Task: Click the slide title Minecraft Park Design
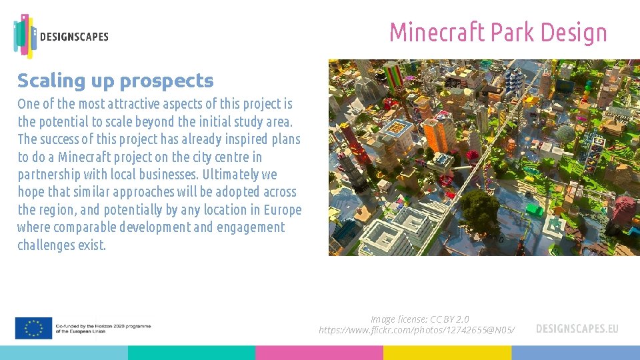click(x=498, y=32)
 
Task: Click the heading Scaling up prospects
click(x=115, y=81)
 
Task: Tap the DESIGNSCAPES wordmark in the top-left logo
click(x=74, y=37)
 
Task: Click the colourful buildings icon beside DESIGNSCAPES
click(x=25, y=35)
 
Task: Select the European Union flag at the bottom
click(x=33, y=327)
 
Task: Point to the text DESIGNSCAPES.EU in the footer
click(x=577, y=329)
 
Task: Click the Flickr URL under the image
click(x=417, y=330)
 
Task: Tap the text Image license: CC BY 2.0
click(x=419, y=319)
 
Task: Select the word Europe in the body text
click(x=283, y=210)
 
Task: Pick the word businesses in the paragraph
click(x=169, y=175)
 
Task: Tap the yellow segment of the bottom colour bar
click(x=447, y=353)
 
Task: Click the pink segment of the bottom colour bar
click(x=319, y=353)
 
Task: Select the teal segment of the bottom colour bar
click(x=191, y=353)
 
